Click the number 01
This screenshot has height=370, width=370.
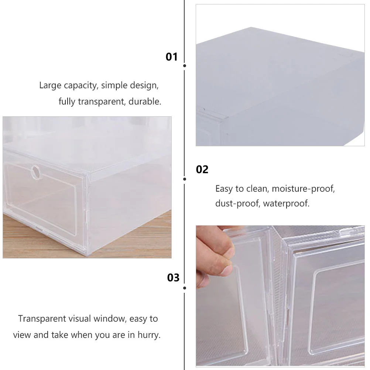pos(172,57)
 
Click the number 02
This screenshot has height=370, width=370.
pos(202,169)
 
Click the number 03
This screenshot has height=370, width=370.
pos(173,278)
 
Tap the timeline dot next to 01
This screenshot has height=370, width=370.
pos(185,66)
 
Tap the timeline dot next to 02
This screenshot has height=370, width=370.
pos(185,179)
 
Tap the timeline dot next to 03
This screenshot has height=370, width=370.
pos(185,288)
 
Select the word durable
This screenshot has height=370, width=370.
pos(145,102)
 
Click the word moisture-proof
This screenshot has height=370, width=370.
pos(303,189)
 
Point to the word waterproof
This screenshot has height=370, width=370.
pos(286,203)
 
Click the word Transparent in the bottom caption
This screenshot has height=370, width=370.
pos(42,319)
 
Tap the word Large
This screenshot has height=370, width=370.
pos(50,86)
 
